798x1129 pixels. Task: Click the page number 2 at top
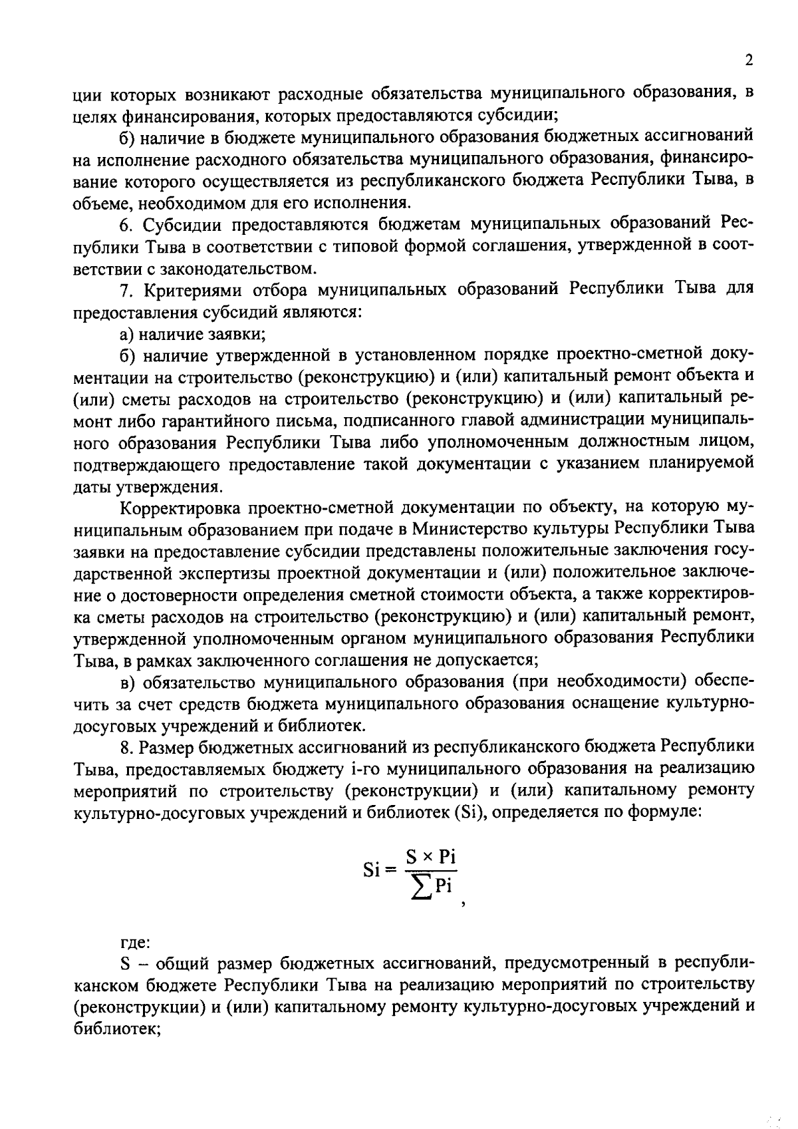point(749,61)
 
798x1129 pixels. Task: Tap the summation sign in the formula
point(420,890)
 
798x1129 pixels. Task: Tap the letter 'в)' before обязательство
point(127,682)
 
